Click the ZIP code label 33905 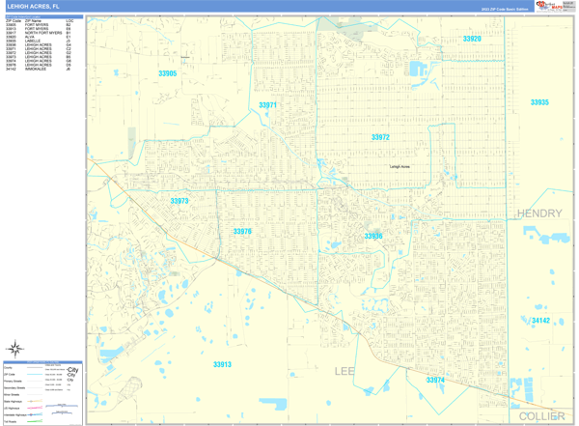(x=168, y=73)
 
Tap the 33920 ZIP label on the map (x=472, y=39)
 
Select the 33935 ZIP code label (x=539, y=102)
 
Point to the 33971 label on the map (x=267, y=105)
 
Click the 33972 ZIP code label (x=380, y=137)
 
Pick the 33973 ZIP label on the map (x=179, y=201)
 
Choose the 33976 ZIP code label (x=242, y=231)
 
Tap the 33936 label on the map (x=373, y=236)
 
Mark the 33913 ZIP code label (x=222, y=364)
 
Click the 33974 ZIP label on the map (x=435, y=380)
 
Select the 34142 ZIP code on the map (x=540, y=321)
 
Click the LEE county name (x=345, y=371)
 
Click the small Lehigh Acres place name (x=400, y=167)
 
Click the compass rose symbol (x=15, y=349)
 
